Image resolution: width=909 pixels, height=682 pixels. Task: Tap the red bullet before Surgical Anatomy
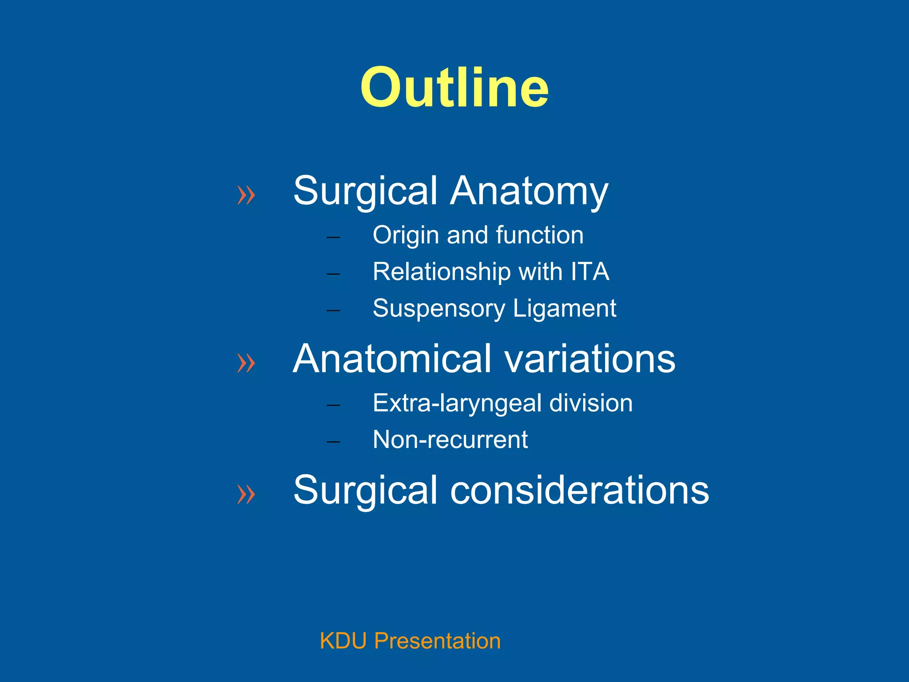click(x=246, y=195)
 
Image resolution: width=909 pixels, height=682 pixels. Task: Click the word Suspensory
click(x=439, y=309)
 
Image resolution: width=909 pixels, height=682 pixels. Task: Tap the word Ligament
click(x=565, y=308)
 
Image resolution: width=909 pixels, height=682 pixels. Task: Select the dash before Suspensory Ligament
click(x=333, y=310)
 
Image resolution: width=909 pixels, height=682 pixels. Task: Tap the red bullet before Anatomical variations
click(x=246, y=363)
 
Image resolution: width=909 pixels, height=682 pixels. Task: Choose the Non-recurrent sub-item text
click(x=450, y=440)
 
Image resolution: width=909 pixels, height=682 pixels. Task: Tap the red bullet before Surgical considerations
click(x=246, y=494)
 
